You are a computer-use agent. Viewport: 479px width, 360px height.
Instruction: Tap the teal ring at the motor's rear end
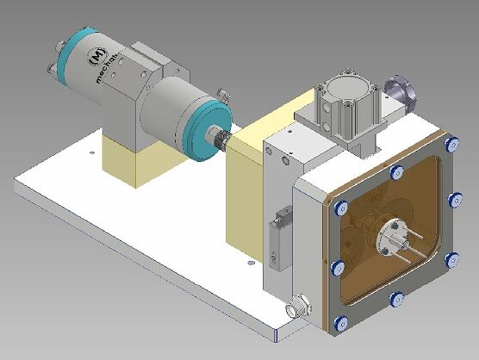tap(74, 52)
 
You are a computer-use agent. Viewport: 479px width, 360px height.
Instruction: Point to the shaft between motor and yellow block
tap(222, 139)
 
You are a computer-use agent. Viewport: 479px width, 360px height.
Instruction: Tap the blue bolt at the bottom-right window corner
tap(449, 258)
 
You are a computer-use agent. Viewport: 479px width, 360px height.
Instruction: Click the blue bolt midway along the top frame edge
tap(396, 172)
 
